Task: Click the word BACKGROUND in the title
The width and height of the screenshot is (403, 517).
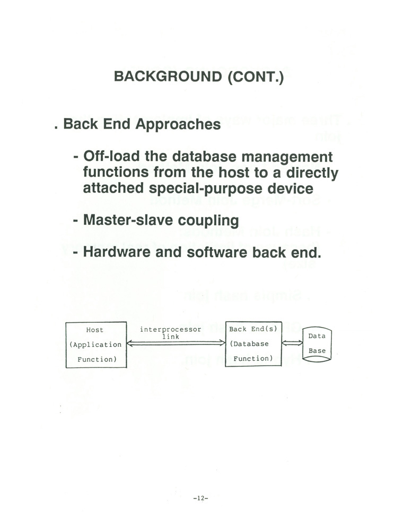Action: (x=168, y=76)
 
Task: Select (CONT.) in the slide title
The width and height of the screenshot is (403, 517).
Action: (x=256, y=77)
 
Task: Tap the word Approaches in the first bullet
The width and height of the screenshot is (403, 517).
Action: (x=178, y=124)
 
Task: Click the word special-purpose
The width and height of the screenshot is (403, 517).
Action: (x=206, y=188)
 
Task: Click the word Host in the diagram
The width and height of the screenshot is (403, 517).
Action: (x=95, y=330)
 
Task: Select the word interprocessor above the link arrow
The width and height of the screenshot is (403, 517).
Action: (x=170, y=329)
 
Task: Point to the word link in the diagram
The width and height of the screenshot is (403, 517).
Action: (x=171, y=337)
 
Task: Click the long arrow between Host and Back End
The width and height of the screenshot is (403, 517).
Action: (x=176, y=343)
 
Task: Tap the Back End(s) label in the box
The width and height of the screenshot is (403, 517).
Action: (x=253, y=329)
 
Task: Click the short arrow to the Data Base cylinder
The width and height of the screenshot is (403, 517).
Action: (x=292, y=343)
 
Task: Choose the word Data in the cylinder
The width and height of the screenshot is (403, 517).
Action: (x=317, y=336)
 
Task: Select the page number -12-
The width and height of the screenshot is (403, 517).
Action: (x=200, y=498)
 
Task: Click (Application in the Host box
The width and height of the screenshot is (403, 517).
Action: (x=95, y=345)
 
